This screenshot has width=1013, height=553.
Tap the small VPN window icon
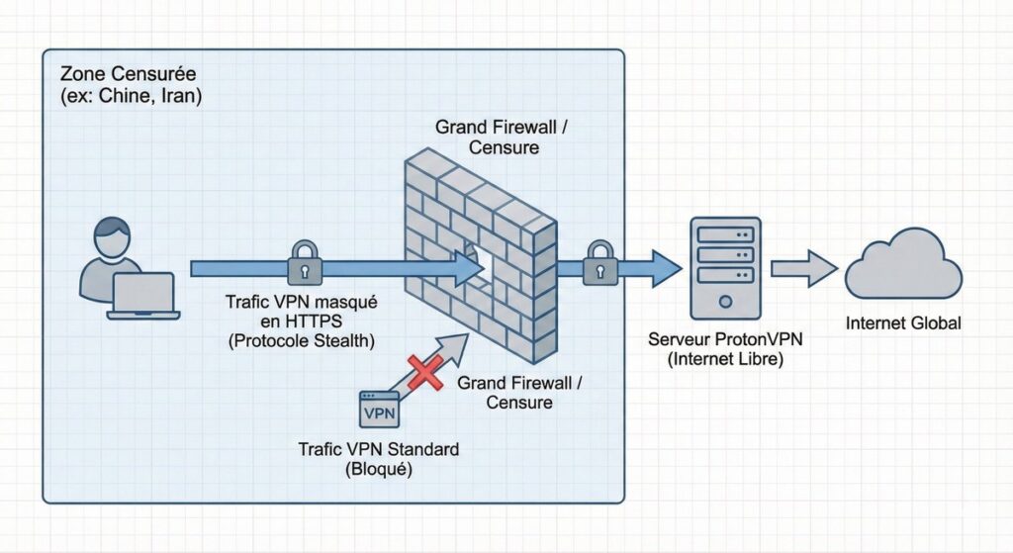pyautogui.click(x=379, y=410)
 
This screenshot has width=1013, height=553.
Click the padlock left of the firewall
pyautogui.click(x=304, y=262)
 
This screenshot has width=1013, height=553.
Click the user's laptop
pyautogui.click(x=143, y=296)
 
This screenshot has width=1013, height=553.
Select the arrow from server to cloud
pyautogui.click(x=803, y=267)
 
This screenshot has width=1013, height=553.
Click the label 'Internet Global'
pyautogui.click(x=903, y=323)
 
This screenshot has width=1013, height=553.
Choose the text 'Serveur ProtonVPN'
pyautogui.click(x=724, y=339)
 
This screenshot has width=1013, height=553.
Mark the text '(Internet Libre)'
pyautogui.click(x=724, y=360)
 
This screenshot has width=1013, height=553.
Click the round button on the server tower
pyautogui.click(x=725, y=300)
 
